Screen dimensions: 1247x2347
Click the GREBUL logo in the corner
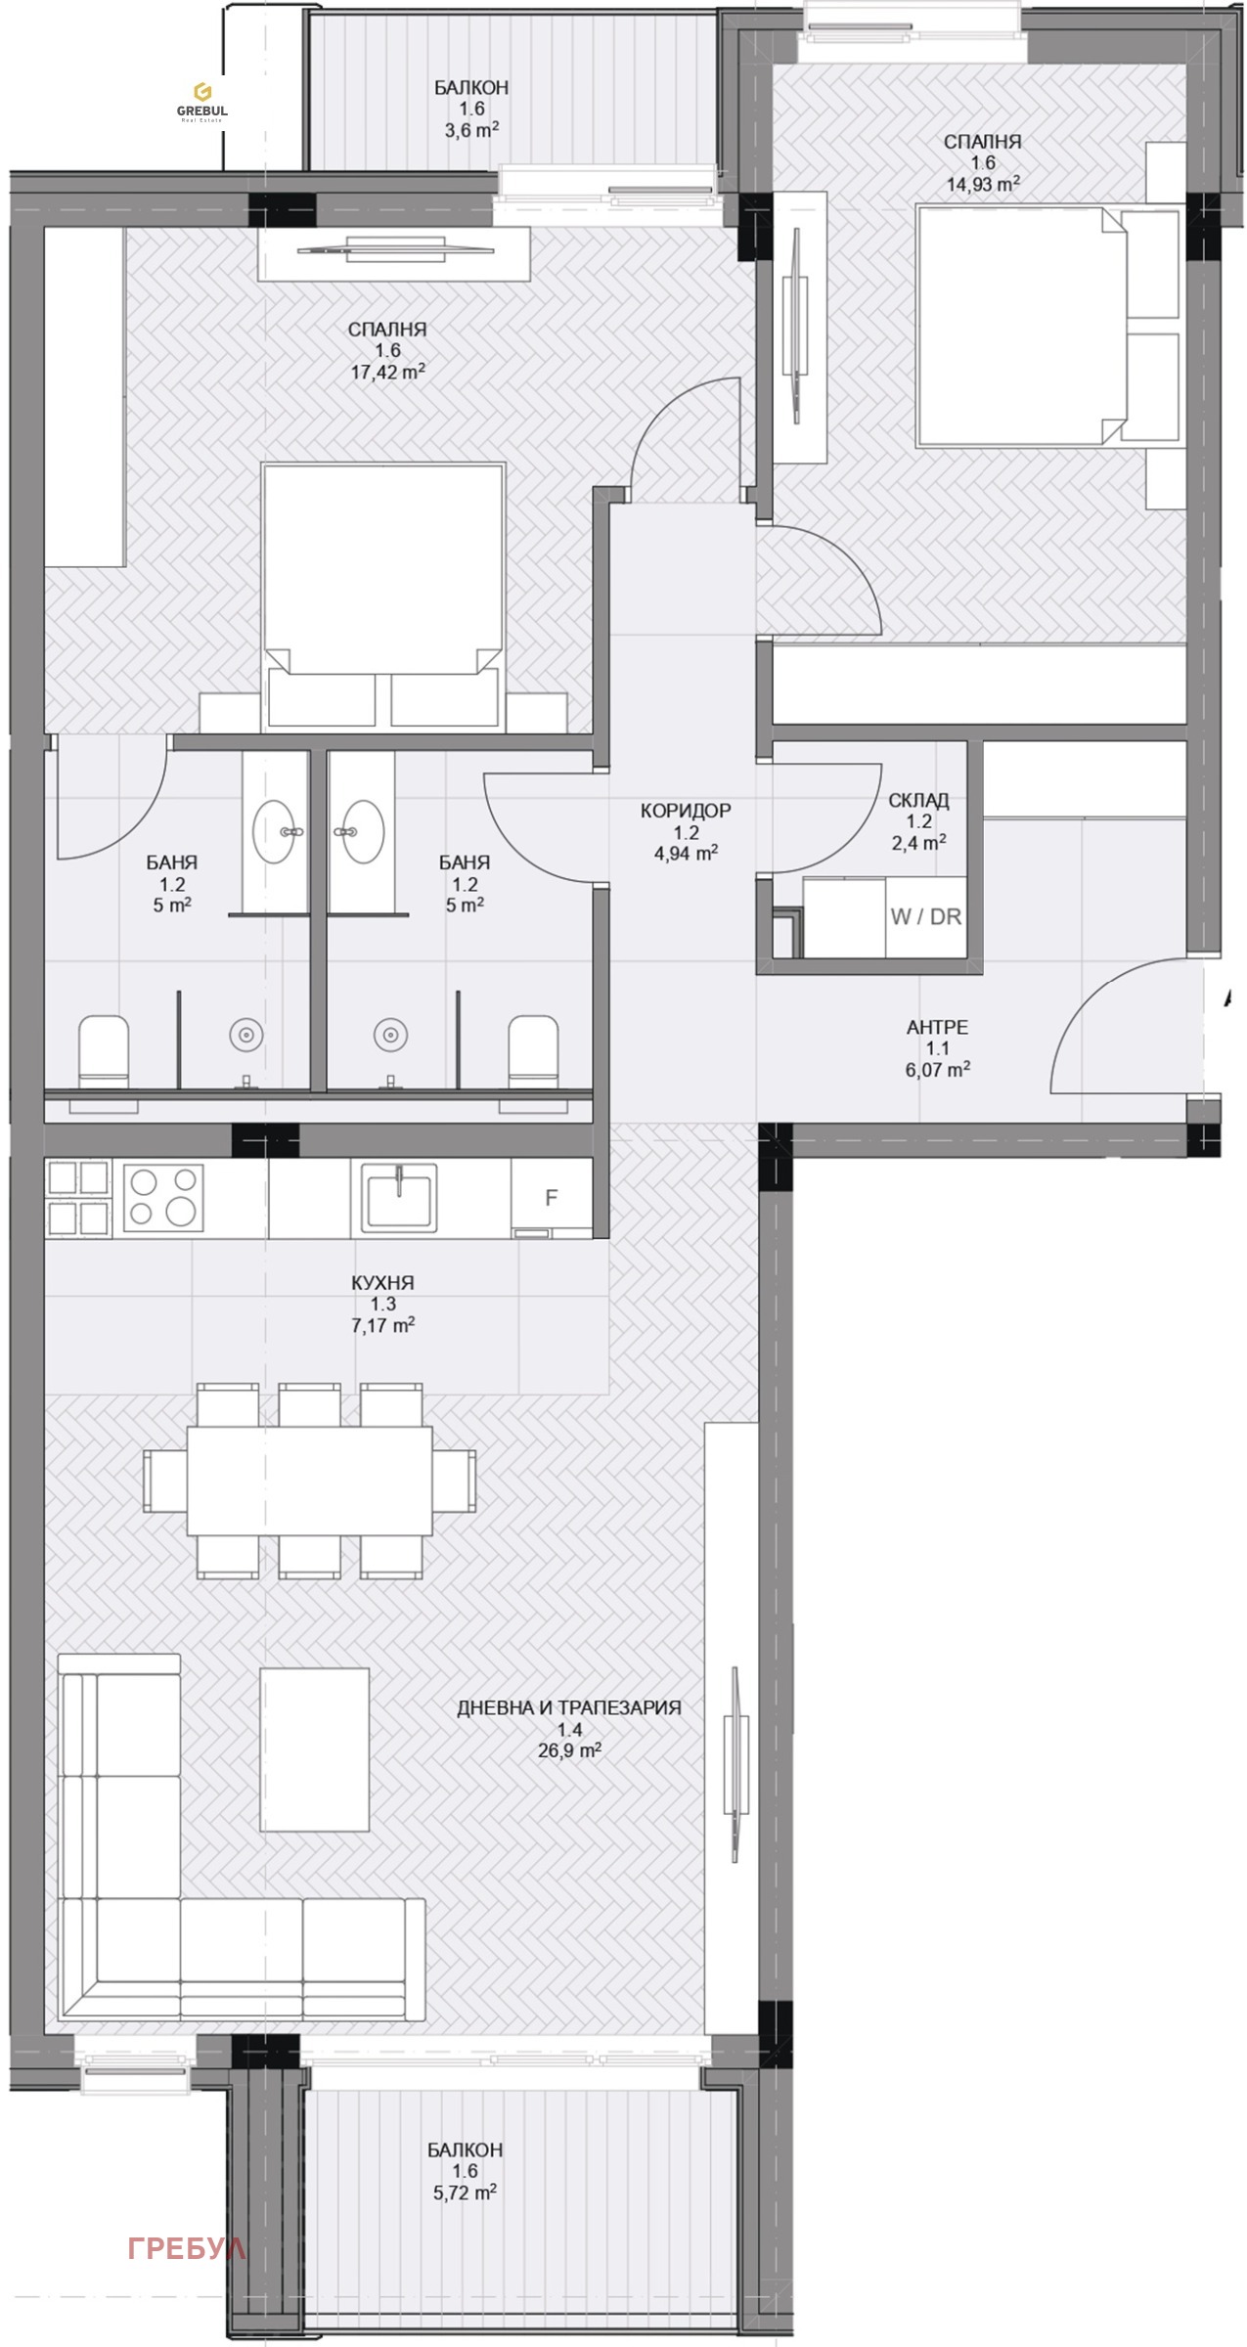point(201,102)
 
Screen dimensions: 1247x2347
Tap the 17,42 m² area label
point(387,372)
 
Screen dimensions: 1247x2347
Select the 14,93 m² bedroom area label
point(983,183)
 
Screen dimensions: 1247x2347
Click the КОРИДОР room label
point(686,811)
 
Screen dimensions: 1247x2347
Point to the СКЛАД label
point(918,800)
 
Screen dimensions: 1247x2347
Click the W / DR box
point(925,917)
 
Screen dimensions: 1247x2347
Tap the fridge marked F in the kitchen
point(552,1199)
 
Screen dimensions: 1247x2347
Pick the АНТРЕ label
point(937,1027)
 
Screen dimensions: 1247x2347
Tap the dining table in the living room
point(310,1480)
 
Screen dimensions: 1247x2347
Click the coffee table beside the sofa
point(314,1749)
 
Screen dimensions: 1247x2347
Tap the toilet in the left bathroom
point(104,1050)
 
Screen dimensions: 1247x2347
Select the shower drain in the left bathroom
point(245,1034)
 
